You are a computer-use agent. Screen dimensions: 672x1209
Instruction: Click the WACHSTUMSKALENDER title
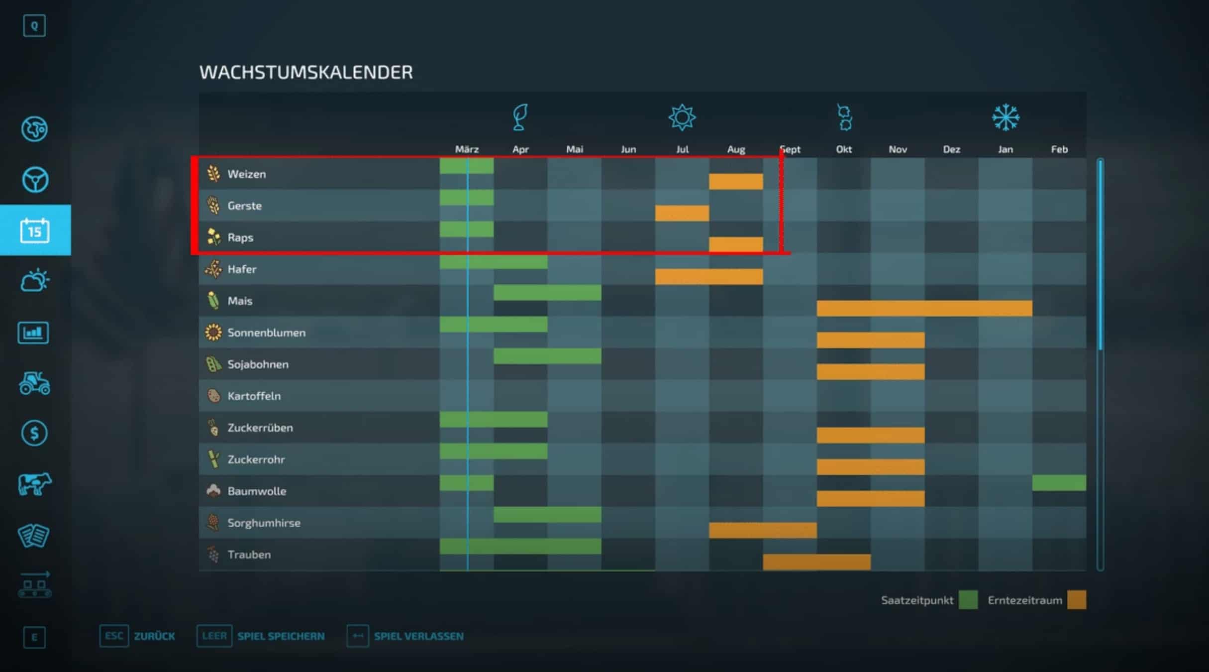pyautogui.click(x=306, y=73)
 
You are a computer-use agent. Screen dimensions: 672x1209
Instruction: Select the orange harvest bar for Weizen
pyautogui.click(x=736, y=181)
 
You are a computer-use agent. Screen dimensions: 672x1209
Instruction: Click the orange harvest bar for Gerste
pyautogui.click(x=682, y=213)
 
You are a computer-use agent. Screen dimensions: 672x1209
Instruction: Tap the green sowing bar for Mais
pyautogui.click(x=547, y=293)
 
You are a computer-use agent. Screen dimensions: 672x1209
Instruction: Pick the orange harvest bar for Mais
pyautogui.click(x=924, y=308)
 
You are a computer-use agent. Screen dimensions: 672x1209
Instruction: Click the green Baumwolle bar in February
pyautogui.click(x=1059, y=483)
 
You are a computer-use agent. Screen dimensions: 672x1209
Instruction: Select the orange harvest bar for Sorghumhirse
pyautogui.click(x=763, y=530)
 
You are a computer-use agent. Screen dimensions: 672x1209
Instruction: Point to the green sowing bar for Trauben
pyautogui.click(x=520, y=546)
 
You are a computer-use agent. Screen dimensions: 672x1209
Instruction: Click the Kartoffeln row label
pyautogui.click(x=254, y=396)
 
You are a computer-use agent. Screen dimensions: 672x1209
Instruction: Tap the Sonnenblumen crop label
pyautogui.click(x=266, y=333)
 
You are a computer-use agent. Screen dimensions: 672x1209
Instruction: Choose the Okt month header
pyautogui.click(x=844, y=149)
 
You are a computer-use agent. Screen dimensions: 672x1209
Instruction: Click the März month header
pyautogui.click(x=467, y=149)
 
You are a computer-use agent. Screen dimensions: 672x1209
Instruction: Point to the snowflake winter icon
pyautogui.click(x=1006, y=118)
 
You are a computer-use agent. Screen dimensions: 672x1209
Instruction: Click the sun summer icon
pyautogui.click(x=682, y=118)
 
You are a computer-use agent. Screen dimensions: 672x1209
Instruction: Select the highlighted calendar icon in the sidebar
pyautogui.click(x=35, y=230)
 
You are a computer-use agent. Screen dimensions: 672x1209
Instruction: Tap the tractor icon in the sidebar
pyautogui.click(x=34, y=383)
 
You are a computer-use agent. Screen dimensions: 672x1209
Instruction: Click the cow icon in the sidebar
pyautogui.click(x=34, y=484)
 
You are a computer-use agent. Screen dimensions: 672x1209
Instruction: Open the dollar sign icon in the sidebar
pyautogui.click(x=34, y=433)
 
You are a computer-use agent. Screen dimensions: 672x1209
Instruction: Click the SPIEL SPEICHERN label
pyautogui.click(x=281, y=636)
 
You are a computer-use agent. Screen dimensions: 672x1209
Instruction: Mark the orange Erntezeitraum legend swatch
pyautogui.click(x=1077, y=600)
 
